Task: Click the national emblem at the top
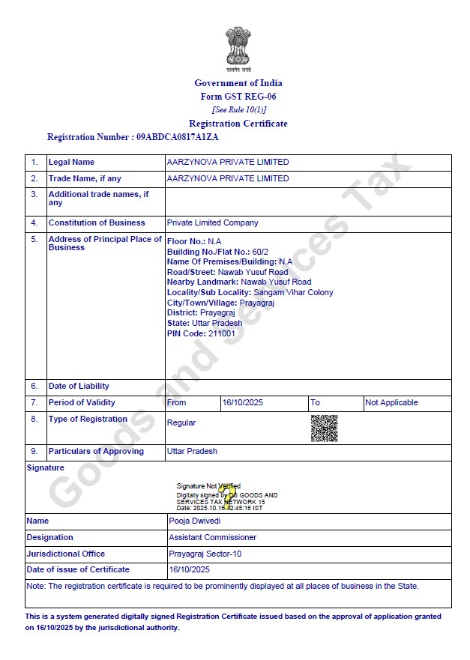(238, 49)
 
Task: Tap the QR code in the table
(324, 428)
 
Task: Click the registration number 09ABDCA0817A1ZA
(178, 137)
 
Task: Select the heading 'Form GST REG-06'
(238, 97)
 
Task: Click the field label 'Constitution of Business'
(97, 222)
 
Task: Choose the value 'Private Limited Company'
(212, 222)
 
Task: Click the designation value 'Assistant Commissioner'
(212, 537)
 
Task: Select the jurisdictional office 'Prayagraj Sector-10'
(205, 554)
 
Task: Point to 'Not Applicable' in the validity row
(391, 402)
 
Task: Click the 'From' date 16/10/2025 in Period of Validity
(240, 402)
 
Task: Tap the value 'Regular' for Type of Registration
(181, 423)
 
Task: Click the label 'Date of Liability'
(79, 386)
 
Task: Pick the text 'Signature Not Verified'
(208, 486)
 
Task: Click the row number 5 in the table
(34, 239)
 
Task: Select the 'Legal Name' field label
(71, 162)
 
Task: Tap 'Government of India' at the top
(238, 83)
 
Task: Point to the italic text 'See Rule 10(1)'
(238, 109)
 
